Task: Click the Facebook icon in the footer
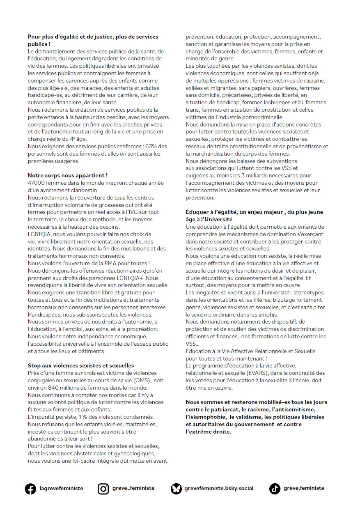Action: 30,489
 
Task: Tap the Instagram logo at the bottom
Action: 103,489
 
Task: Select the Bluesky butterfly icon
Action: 176,489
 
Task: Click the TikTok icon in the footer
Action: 275,489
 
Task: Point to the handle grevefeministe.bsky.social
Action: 219,489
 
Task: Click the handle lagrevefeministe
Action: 61,489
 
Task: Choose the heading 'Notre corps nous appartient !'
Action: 68,175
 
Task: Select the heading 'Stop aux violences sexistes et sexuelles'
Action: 81,365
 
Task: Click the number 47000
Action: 37,183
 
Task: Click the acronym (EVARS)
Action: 247,373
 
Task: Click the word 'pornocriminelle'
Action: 251,117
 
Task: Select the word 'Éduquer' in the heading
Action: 198,212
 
